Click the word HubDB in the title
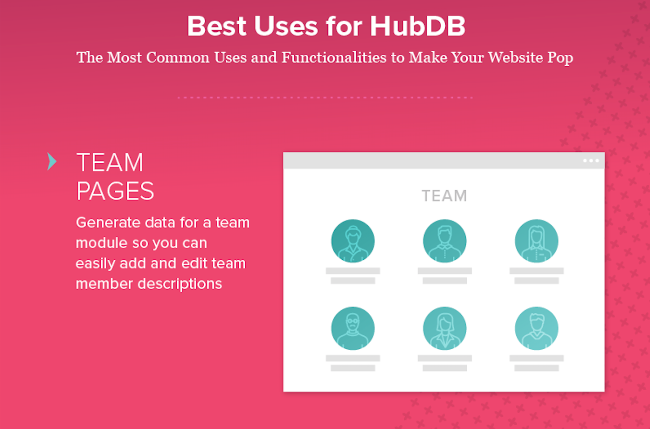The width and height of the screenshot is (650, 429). [418, 26]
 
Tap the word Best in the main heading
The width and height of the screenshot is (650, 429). [217, 26]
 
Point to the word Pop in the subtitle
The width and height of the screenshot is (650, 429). [560, 58]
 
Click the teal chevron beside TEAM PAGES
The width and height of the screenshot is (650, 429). [52, 161]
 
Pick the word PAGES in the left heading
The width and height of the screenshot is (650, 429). [115, 191]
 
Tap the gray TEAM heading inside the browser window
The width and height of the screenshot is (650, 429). [444, 196]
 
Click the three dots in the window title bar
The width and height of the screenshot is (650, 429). [591, 160]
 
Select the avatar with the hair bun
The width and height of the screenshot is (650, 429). [353, 241]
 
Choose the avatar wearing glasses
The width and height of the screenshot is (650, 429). [353, 328]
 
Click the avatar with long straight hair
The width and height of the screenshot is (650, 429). [536, 241]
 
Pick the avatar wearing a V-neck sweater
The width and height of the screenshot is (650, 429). [536, 328]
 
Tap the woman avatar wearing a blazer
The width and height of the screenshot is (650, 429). [444, 328]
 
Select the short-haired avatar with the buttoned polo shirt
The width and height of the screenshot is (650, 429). [444, 241]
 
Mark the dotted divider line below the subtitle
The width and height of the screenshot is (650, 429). [325, 97]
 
